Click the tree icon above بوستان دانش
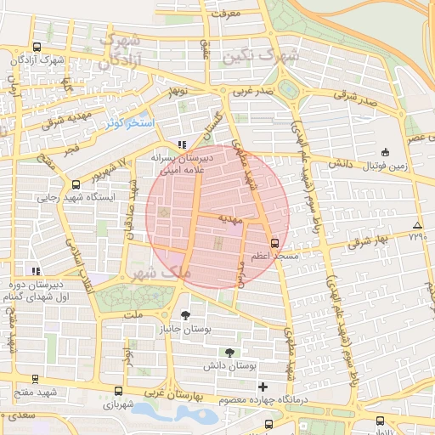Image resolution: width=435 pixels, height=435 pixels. (229, 352)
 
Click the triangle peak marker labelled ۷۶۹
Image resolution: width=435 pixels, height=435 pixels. (416, 225)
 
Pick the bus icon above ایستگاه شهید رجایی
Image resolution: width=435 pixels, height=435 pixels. (76, 184)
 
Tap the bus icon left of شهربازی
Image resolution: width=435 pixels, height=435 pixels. (117, 393)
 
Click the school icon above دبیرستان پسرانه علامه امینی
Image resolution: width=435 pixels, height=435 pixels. (181, 145)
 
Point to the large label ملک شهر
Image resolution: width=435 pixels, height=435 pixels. (153, 274)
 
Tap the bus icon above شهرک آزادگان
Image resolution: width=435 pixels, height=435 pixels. (36, 48)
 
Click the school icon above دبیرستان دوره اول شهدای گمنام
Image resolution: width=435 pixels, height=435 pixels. (36, 271)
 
